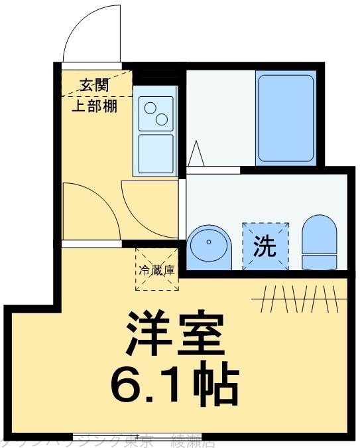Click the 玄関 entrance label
click(x=95, y=84)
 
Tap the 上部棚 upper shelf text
click(x=95, y=106)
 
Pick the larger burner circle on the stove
click(x=162, y=119)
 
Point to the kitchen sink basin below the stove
click(x=156, y=153)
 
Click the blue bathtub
click(x=285, y=118)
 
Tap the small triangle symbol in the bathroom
click(x=196, y=154)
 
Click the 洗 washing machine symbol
click(x=265, y=246)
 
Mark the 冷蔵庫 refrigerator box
click(x=157, y=270)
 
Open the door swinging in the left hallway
click(x=90, y=211)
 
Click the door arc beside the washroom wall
click(x=149, y=209)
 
